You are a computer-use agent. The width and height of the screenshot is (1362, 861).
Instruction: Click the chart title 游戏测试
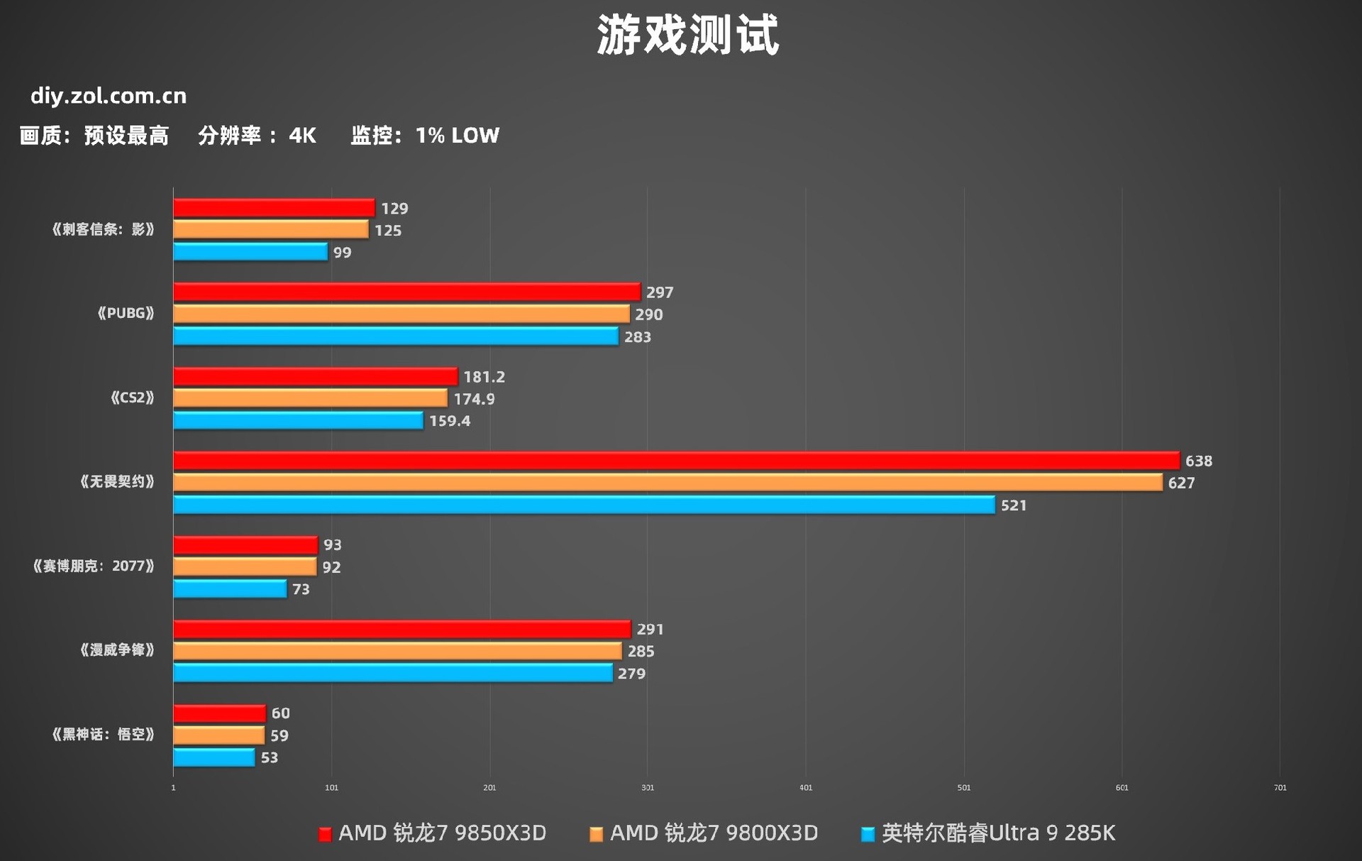pos(687,35)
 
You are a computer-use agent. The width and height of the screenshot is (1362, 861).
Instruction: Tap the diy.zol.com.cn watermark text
pos(109,96)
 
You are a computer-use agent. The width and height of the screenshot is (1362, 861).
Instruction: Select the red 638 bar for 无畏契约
pos(676,461)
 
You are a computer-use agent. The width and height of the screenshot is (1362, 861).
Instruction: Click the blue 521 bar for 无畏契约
pos(584,505)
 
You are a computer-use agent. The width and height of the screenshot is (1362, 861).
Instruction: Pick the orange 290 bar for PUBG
pos(401,314)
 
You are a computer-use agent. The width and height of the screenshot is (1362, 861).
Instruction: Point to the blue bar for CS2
pos(298,420)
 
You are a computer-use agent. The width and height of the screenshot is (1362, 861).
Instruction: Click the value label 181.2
pos(484,376)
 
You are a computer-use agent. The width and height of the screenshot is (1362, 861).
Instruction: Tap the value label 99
pos(342,253)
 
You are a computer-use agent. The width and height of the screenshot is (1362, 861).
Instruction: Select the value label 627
pos(1181,483)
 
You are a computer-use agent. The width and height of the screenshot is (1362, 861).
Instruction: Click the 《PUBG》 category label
pos(126,313)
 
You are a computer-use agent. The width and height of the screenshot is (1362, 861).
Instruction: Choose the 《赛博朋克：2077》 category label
pos(94,566)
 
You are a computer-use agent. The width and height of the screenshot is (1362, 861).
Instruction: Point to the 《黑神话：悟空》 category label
pos(103,734)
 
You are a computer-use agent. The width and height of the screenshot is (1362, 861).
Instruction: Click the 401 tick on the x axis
pos(805,787)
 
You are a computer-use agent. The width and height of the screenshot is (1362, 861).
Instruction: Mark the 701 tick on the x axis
pos(1279,787)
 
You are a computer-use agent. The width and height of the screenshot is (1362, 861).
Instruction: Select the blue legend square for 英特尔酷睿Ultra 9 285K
pos(867,834)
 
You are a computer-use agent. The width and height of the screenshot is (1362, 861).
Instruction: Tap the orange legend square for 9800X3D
pos(596,834)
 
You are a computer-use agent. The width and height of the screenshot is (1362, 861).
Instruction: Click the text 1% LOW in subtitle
pos(457,135)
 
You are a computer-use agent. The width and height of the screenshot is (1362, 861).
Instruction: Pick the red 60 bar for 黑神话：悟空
pos(219,713)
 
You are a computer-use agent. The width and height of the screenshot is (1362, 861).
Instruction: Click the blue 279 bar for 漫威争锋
pos(392,673)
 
